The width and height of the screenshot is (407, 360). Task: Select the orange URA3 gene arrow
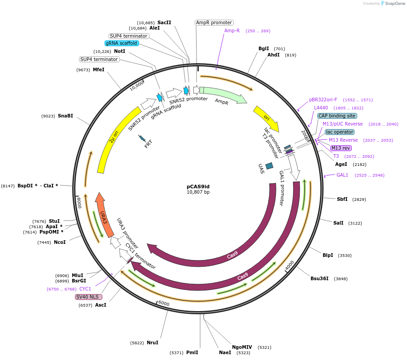tap(104, 215)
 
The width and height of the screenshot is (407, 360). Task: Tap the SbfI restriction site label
tap(342, 199)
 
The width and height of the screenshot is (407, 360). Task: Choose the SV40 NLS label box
tap(88, 297)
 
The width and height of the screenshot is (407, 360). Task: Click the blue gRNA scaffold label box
tap(122, 43)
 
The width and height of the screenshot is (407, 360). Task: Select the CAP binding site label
tap(337, 116)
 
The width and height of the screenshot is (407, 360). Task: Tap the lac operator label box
tap(340, 132)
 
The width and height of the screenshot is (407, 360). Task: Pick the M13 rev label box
tap(341, 148)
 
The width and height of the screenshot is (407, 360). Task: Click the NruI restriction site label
tap(153, 343)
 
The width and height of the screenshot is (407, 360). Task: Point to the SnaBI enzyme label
tap(65, 116)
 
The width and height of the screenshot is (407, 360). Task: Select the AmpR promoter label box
tap(214, 22)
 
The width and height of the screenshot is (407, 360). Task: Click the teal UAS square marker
tap(269, 166)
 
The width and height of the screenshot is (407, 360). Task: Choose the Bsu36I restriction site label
tap(319, 278)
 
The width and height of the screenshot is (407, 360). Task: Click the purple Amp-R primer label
tap(232, 30)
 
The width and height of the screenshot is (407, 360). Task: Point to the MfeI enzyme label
tap(99, 69)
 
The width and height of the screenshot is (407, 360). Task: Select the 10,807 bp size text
tap(198, 192)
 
